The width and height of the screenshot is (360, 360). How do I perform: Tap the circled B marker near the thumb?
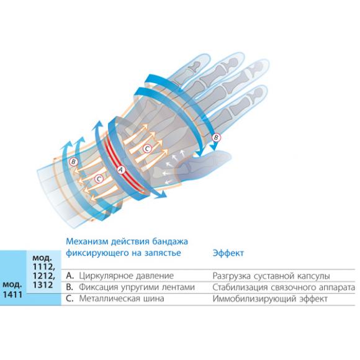coord(216,138)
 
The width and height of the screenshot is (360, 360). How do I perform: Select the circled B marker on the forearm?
coord(74,161)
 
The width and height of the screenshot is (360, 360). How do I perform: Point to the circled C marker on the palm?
coord(147,149)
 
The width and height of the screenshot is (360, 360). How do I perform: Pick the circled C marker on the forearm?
coord(99,179)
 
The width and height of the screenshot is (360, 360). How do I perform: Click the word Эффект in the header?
coord(228,253)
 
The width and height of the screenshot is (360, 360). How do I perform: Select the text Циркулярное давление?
coord(126,276)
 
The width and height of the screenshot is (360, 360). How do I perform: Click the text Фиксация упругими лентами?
coord(137,287)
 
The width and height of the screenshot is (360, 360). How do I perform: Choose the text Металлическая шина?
coord(122,299)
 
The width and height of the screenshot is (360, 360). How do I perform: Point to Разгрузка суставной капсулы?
coord(271,276)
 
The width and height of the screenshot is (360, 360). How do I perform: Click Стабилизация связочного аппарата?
coord(284,287)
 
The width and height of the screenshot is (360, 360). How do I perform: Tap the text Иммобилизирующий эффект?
coord(270,299)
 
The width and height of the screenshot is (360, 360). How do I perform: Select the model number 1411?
coord(12,294)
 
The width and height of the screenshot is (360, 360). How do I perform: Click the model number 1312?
coord(43,285)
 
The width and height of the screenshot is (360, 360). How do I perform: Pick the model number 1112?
coord(43,267)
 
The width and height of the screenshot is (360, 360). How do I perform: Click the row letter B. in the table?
coord(70,287)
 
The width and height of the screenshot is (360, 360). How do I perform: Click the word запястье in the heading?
coord(163,253)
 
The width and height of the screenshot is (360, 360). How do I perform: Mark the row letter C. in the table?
coord(70,299)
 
